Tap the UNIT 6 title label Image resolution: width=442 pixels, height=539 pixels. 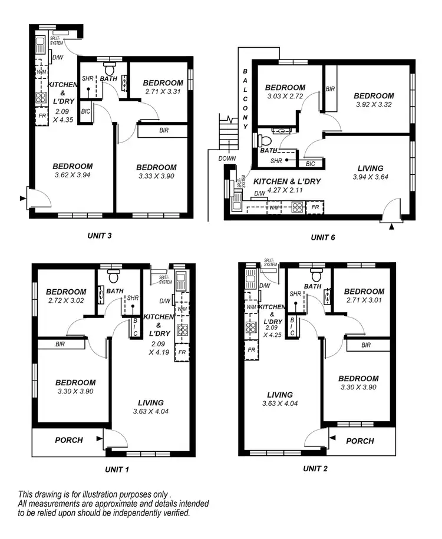[323, 237]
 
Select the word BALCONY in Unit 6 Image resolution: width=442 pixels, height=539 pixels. [245, 101]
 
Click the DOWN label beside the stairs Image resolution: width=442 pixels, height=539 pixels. [227, 158]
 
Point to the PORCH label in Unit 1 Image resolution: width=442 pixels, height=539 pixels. [69, 440]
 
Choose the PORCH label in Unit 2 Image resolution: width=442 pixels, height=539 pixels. [359, 441]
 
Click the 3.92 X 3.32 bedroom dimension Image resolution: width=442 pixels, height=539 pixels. [374, 105]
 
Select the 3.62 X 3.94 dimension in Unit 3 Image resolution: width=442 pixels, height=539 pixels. [72, 175]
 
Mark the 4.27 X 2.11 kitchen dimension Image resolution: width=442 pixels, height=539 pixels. [285, 190]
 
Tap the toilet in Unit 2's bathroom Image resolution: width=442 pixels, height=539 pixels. [316, 275]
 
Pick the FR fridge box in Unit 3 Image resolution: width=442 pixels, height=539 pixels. [42, 115]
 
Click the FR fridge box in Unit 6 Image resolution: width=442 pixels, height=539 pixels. [315, 207]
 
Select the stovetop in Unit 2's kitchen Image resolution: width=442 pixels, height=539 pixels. [251, 328]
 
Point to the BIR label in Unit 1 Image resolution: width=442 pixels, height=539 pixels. [60, 344]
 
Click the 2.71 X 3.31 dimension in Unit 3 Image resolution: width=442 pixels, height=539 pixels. [163, 92]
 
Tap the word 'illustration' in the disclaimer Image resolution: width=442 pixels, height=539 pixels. [98, 494]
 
